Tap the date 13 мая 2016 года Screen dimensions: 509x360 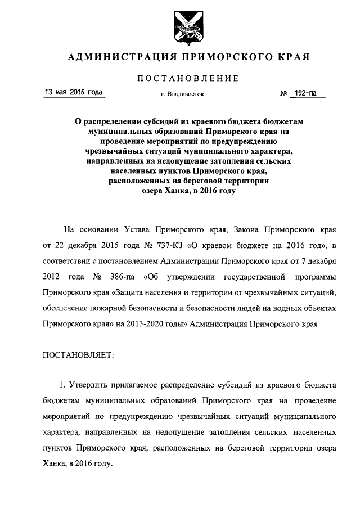[x=74, y=92]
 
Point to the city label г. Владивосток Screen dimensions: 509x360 [x=182, y=94]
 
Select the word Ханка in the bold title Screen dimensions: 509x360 [x=171, y=191]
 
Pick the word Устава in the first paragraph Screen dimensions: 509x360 [x=143, y=230]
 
